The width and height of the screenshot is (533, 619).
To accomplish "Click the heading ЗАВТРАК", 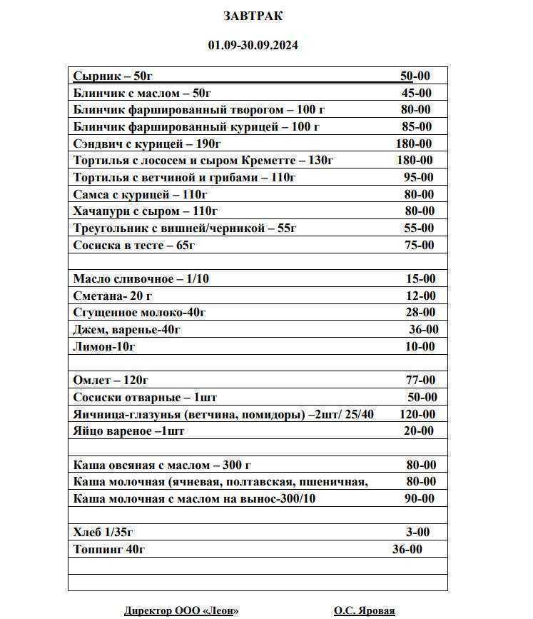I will click(253, 16).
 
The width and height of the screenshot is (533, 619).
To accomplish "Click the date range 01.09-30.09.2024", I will click(253, 45).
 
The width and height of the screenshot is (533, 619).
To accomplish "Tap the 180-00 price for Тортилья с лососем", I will click(415, 161).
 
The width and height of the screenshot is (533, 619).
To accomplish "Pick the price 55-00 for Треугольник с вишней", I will click(419, 228).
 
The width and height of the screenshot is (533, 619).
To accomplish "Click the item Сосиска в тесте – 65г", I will click(134, 246).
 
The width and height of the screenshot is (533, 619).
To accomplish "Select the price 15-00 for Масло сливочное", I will click(420, 279).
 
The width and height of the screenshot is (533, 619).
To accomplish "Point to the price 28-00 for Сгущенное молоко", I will click(420, 313).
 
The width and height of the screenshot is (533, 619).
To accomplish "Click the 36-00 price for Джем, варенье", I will click(423, 330).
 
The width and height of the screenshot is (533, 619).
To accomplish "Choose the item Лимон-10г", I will click(104, 347).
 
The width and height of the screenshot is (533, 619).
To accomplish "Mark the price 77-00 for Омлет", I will click(420, 381).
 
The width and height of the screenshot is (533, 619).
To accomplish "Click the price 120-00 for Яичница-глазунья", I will click(417, 415).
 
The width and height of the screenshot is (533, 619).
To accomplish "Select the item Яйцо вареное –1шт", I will click(128, 431).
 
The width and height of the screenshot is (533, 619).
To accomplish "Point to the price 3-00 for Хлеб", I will click(417, 533).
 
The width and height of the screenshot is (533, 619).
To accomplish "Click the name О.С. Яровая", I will click(364, 611).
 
